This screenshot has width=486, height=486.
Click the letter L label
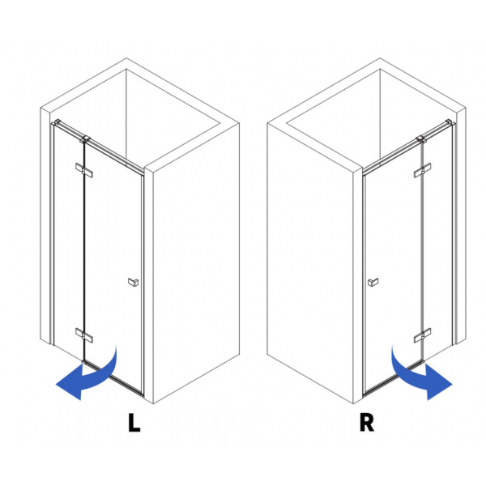coord(134,422)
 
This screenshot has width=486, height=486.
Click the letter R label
coord(367,422)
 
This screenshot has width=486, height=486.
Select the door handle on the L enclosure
coord(134,282)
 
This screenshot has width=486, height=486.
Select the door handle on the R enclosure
coord(373,282)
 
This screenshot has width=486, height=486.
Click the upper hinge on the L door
coord(84,170)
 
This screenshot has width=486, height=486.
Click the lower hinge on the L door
coord(84,335)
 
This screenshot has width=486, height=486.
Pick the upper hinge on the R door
coord(422,170)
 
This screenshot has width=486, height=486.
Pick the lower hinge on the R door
coord(422,335)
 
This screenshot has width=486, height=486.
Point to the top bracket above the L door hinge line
coord(85,139)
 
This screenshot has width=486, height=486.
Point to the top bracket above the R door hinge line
coord(421,139)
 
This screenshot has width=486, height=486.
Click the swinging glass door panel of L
coord(113,266)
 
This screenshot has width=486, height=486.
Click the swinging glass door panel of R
coord(394,266)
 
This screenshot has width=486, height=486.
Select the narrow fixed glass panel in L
coord(69,241)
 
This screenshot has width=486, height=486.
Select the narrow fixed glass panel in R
coord(437,241)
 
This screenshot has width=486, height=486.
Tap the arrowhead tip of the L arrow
coord(56,384)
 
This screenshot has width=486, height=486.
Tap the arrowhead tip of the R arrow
coord(452,384)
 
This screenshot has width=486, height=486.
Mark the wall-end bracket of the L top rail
coord(56,122)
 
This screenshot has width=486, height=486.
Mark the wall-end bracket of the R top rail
coord(450,122)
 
